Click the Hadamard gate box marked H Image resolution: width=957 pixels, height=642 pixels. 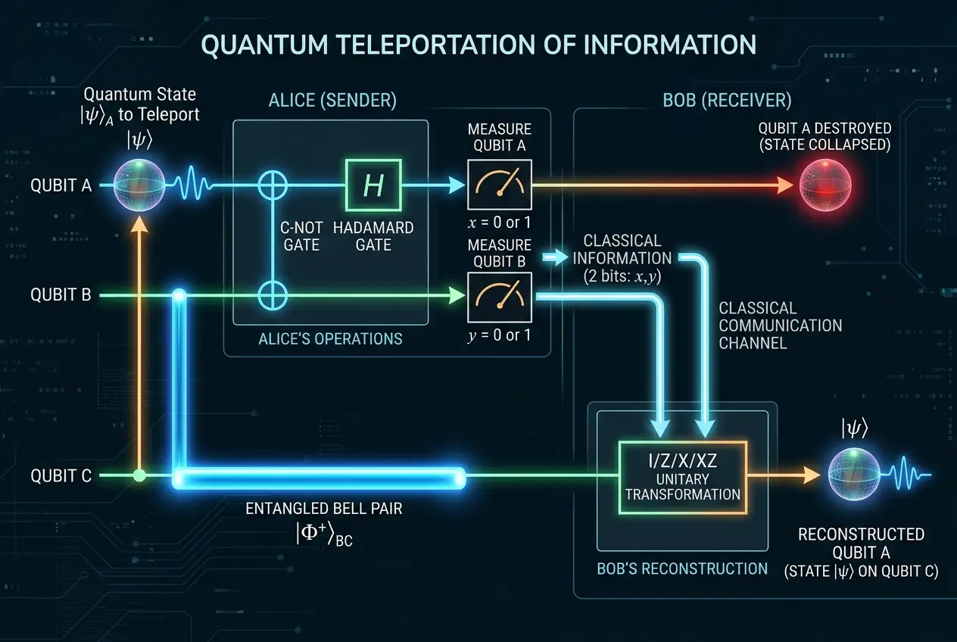pyautogui.click(x=374, y=184)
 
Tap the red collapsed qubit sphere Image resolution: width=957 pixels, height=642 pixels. pyautogui.click(x=826, y=184)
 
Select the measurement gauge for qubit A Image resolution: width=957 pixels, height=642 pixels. pyautogui.click(x=499, y=184)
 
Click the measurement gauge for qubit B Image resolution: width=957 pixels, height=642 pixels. pyautogui.click(x=499, y=295)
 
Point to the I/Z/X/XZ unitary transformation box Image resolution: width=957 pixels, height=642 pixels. pyautogui.click(x=683, y=476)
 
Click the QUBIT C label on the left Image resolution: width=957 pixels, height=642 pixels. pyautogui.click(x=61, y=476)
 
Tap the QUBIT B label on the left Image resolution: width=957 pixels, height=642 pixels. pyautogui.click(x=61, y=295)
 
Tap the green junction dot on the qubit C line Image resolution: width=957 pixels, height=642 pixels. pyautogui.click(x=139, y=476)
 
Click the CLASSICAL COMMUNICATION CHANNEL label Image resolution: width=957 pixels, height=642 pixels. pyautogui.click(x=780, y=326)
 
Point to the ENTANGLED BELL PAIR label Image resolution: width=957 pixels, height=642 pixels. pyautogui.click(x=324, y=509)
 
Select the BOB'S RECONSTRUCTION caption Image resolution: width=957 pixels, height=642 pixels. pyautogui.click(x=682, y=568)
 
